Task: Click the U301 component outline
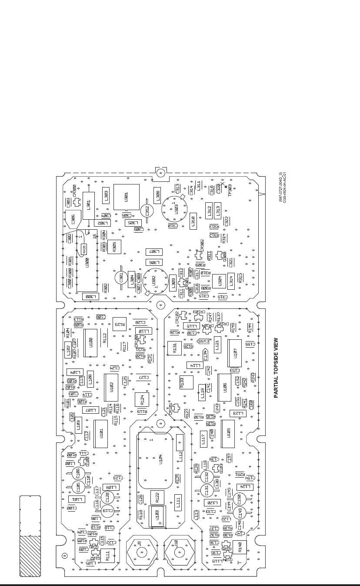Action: pos(127,197)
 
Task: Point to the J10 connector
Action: pos(178,552)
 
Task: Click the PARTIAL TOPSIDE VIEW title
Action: pos(276,368)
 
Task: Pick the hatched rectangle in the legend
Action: pos(30,556)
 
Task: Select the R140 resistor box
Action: pos(240,549)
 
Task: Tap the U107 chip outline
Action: pos(235,353)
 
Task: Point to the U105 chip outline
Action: pos(228,434)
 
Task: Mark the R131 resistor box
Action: pos(174,348)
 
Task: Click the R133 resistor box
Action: pos(186,382)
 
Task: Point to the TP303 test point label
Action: pos(230,193)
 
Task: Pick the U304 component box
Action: pos(219,281)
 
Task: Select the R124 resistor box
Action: pos(142,399)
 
